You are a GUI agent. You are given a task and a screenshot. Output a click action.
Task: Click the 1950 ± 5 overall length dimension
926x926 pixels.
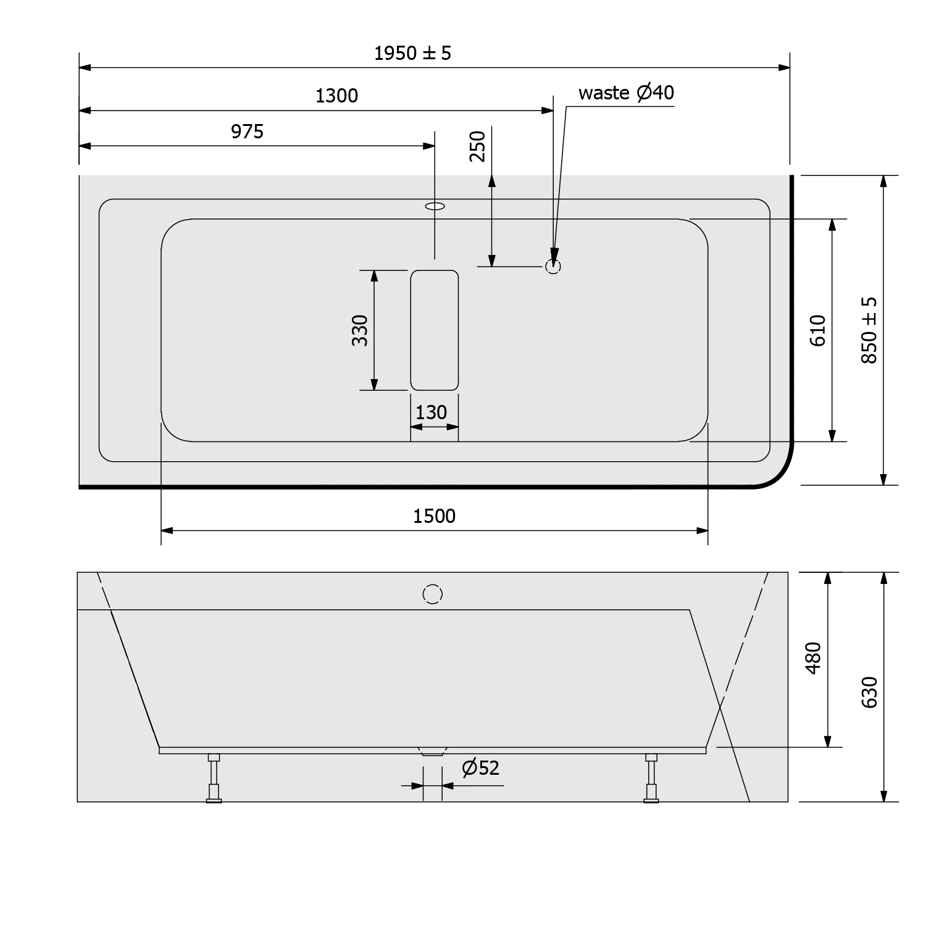(412, 54)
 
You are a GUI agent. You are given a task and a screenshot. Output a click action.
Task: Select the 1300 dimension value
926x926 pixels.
(336, 96)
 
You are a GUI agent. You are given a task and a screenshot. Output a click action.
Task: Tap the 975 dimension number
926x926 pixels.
(247, 131)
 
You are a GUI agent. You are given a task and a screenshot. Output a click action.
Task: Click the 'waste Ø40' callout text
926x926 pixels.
(626, 93)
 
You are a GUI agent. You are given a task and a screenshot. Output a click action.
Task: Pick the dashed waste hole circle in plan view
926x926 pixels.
(553, 267)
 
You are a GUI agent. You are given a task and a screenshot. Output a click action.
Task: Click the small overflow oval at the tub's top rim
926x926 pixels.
(435, 206)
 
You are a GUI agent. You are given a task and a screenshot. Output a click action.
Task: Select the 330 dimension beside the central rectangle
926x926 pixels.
(360, 330)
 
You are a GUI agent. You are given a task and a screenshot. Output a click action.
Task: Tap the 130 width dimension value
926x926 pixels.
(431, 412)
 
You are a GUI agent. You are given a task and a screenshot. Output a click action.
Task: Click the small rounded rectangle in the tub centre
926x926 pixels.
(435, 330)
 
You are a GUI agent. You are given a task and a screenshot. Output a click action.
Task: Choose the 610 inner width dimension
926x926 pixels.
(818, 330)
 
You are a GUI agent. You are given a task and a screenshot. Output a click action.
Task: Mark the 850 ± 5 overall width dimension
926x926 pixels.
(869, 330)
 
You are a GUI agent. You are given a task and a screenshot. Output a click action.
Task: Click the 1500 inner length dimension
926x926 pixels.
(434, 516)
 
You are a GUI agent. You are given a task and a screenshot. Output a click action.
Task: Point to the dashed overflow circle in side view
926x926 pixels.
(433, 594)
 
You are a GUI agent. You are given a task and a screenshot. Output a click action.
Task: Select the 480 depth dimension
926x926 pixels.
(814, 658)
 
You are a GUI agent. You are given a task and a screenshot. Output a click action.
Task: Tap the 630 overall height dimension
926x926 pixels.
(869, 692)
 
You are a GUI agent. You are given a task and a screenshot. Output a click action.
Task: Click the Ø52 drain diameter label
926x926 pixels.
(480, 768)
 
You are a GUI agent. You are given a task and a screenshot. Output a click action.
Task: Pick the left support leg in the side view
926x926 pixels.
(214, 778)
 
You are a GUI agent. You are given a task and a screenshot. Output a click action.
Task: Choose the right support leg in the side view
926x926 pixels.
(651, 778)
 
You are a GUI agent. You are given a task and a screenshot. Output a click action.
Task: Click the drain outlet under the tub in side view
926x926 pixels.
(432, 751)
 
